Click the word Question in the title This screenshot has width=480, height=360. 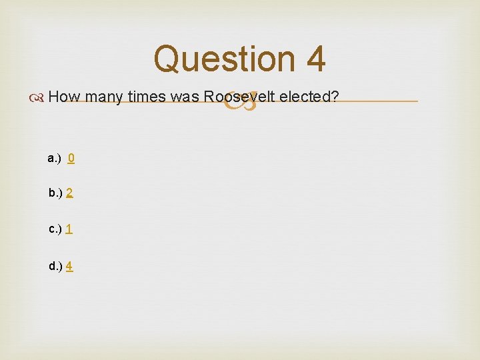coord(224,59)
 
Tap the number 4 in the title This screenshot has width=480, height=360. coord(315,59)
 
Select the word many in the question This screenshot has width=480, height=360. coord(104,97)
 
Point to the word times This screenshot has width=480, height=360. coord(147,97)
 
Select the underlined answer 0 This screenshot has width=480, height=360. coord(71,158)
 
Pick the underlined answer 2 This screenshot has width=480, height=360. coord(70,193)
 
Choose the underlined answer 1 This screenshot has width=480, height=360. coord(69,229)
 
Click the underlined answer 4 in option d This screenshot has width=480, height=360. coord(70,266)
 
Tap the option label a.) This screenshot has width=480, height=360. coord(55,158)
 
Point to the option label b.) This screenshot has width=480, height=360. coord(55,193)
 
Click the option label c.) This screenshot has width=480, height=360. coord(55,229)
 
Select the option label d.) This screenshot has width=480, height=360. coord(55,266)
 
